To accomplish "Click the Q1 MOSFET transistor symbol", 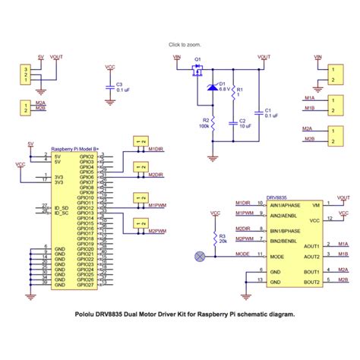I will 197,70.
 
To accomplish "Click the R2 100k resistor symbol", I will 213,122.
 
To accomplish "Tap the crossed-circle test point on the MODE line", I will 200,256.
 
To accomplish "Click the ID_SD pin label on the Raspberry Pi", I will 62,207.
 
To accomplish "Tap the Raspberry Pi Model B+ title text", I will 76,149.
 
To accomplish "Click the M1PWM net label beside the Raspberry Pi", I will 158,205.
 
